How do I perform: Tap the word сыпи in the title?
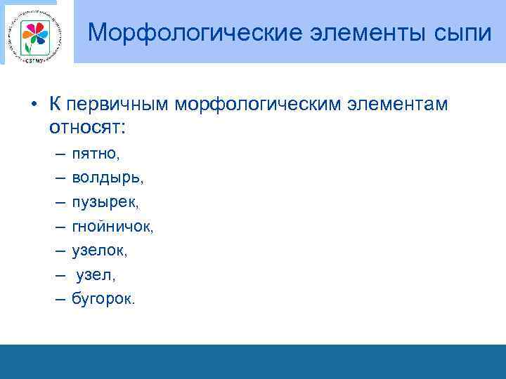coord(458,32)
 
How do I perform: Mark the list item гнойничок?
coord(112,226)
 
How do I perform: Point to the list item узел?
coord(95,274)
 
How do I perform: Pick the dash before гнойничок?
coord(56,226)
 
